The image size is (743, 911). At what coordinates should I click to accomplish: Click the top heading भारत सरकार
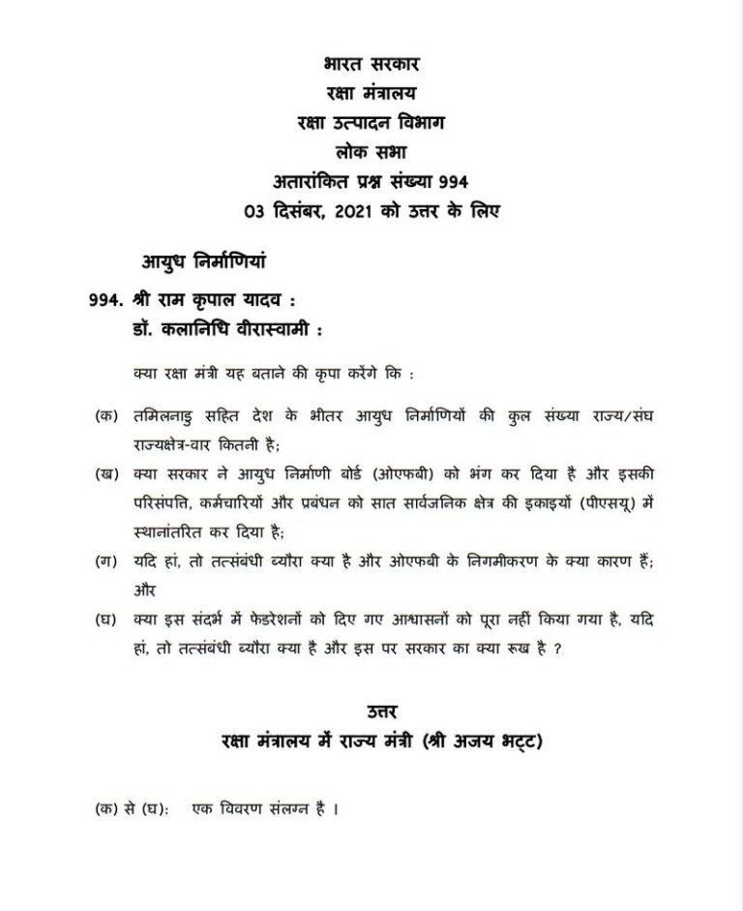[371, 66]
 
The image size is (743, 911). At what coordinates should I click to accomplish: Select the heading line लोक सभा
[371, 152]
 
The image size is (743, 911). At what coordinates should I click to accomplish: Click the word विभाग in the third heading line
[424, 123]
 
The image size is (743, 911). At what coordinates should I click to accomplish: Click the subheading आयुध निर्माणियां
[203, 260]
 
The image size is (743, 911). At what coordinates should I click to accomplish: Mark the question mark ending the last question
[558, 649]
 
